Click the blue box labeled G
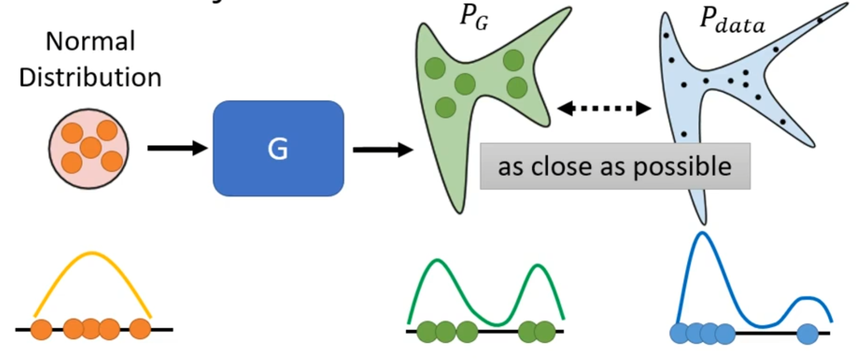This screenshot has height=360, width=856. (278, 148)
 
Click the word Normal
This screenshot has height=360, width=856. (90, 41)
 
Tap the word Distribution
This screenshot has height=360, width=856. (90, 77)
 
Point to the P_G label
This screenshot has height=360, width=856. (474, 18)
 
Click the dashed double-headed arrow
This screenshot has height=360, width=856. (604, 108)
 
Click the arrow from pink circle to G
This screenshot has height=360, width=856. (177, 148)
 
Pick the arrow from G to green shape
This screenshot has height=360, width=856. (382, 150)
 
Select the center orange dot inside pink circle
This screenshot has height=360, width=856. (91, 148)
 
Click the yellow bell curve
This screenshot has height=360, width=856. (92, 254)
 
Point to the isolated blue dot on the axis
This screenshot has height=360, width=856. (807, 334)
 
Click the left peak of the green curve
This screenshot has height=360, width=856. (437, 261)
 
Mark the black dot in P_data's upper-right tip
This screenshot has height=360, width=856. (820, 20)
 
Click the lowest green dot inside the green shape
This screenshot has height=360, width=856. (445, 107)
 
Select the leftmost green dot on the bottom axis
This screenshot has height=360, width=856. (427, 332)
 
